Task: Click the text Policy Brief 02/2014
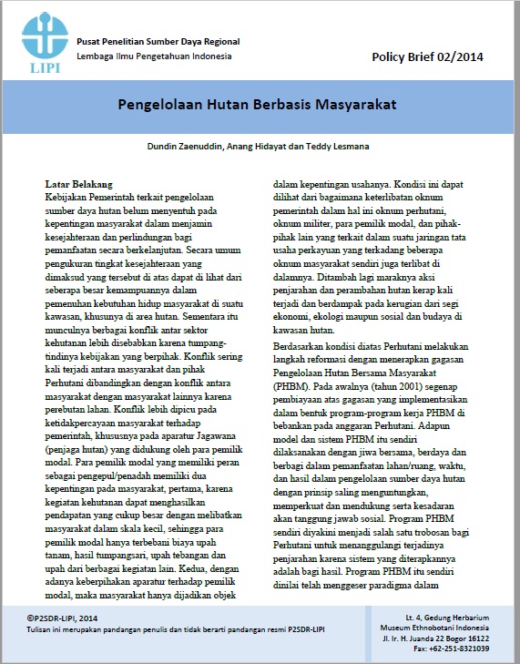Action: click(427, 56)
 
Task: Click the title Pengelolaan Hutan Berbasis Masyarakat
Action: click(257, 104)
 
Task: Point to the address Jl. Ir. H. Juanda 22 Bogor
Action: click(437, 639)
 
